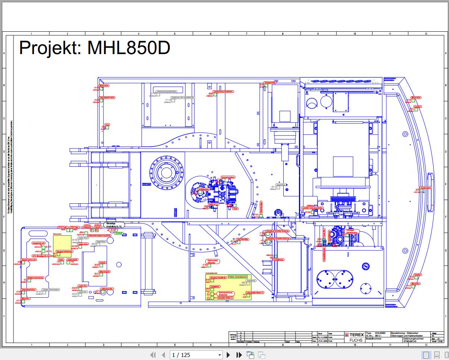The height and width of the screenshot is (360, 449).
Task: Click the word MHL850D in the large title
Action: coord(128,48)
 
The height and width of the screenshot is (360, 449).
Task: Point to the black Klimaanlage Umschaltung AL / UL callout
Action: coord(114,225)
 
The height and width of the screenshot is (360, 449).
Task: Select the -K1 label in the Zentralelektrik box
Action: coord(244,295)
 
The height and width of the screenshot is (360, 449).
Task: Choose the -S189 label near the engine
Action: coord(308,212)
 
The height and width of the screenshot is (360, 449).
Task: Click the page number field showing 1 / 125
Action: coord(196,355)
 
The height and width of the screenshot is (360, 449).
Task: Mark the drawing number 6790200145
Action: coord(411,341)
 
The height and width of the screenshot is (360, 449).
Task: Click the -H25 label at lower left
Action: coord(18,291)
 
